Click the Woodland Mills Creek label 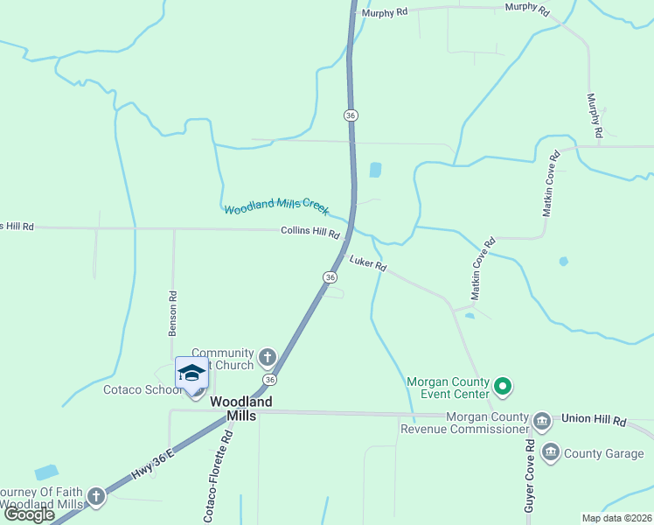tap(276, 207)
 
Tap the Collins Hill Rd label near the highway tap(310, 232)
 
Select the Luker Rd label tap(368, 263)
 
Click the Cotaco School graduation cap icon tap(192, 373)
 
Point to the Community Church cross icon tap(267, 357)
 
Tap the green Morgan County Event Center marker tap(503, 385)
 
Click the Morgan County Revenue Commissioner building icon tap(541, 422)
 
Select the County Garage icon tap(551, 452)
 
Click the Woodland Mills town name tap(241, 409)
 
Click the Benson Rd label tap(173, 312)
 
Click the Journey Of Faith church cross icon tap(96, 497)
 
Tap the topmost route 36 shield tap(351, 115)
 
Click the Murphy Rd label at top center tap(386, 13)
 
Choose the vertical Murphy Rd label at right tap(595, 115)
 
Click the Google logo tap(29, 514)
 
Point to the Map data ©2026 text tap(616, 518)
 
